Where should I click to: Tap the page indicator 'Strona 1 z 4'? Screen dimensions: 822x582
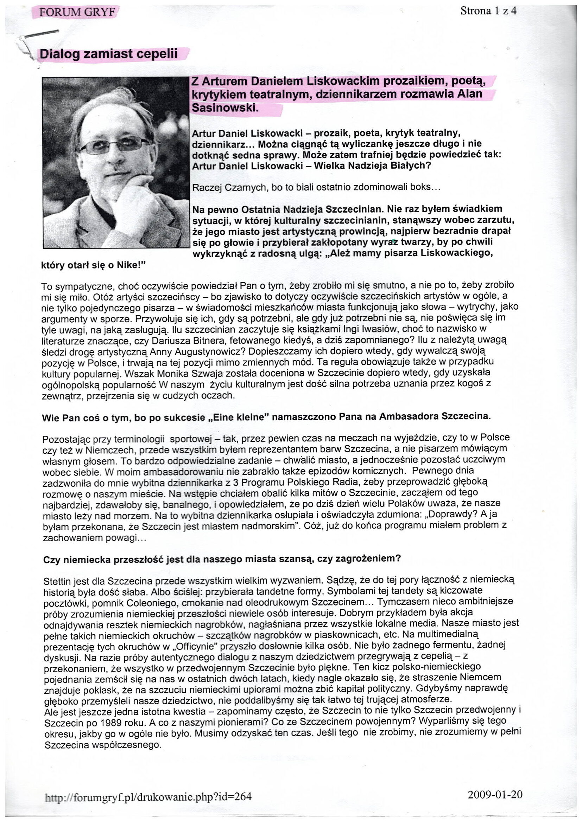pyautogui.click(x=488, y=11)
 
